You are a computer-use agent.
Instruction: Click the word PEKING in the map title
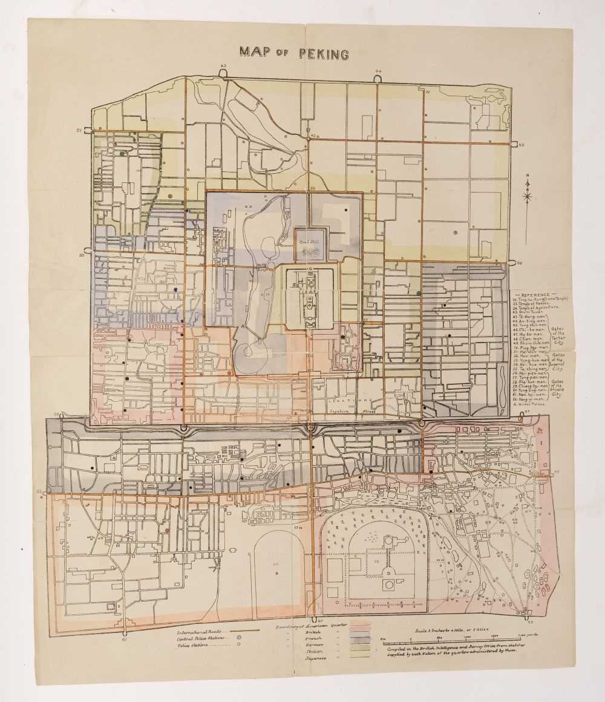[x=323, y=53]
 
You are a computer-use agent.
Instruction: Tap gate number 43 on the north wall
[x=223, y=65]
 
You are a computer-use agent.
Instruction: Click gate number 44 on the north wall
[x=379, y=71]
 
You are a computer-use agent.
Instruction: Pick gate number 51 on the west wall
[x=79, y=130]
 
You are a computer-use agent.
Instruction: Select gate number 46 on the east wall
[x=520, y=263]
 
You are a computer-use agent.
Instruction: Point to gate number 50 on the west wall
[x=81, y=255]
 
